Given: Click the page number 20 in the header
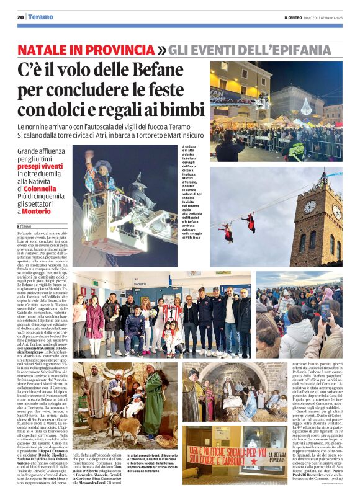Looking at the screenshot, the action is point(20,17).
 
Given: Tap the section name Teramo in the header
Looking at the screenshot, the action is point(41,17).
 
